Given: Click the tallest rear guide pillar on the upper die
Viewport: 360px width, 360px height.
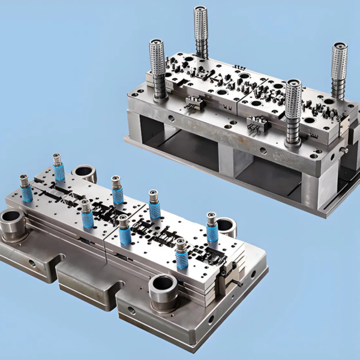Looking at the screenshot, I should coord(200,30).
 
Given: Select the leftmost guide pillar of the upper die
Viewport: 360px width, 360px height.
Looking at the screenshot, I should coord(158,66).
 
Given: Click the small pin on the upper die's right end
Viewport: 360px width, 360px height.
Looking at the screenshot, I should coord(344,150).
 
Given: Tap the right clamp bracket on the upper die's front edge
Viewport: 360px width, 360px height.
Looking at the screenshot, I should coord(257,124).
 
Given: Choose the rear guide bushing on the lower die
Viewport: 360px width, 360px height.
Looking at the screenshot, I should coord(85,173).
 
